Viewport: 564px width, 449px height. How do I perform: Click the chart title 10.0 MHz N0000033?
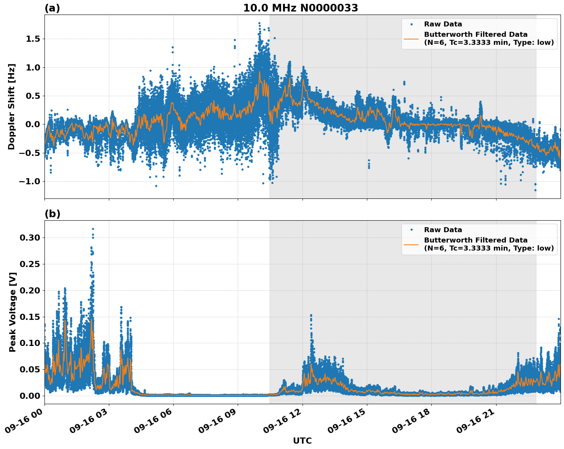(x=300, y=8)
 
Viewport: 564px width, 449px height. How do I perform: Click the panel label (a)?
(x=52, y=8)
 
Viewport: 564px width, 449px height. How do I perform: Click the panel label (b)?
(x=52, y=214)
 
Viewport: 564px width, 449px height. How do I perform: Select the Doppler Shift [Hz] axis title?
(x=12, y=107)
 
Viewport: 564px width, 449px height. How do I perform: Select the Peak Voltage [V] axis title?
(x=13, y=312)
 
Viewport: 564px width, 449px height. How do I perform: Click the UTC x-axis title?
(x=302, y=441)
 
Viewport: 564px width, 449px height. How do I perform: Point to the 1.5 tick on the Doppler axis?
(x=33, y=39)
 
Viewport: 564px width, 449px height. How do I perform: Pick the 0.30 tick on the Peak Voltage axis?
(x=30, y=238)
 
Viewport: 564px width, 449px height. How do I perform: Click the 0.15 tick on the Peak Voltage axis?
(x=30, y=317)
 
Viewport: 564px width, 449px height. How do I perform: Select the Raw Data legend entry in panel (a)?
(x=443, y=24)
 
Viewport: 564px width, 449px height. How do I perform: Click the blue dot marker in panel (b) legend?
(x=411, y=230)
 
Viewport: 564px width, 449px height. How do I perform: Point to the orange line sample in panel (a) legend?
(x=411, y=38)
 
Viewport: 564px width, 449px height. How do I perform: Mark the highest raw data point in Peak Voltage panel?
(x=93, y=229)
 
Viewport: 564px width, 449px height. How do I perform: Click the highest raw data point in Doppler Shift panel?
(x=259, y=23)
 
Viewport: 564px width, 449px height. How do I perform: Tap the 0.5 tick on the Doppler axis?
(x=33, y=96)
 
